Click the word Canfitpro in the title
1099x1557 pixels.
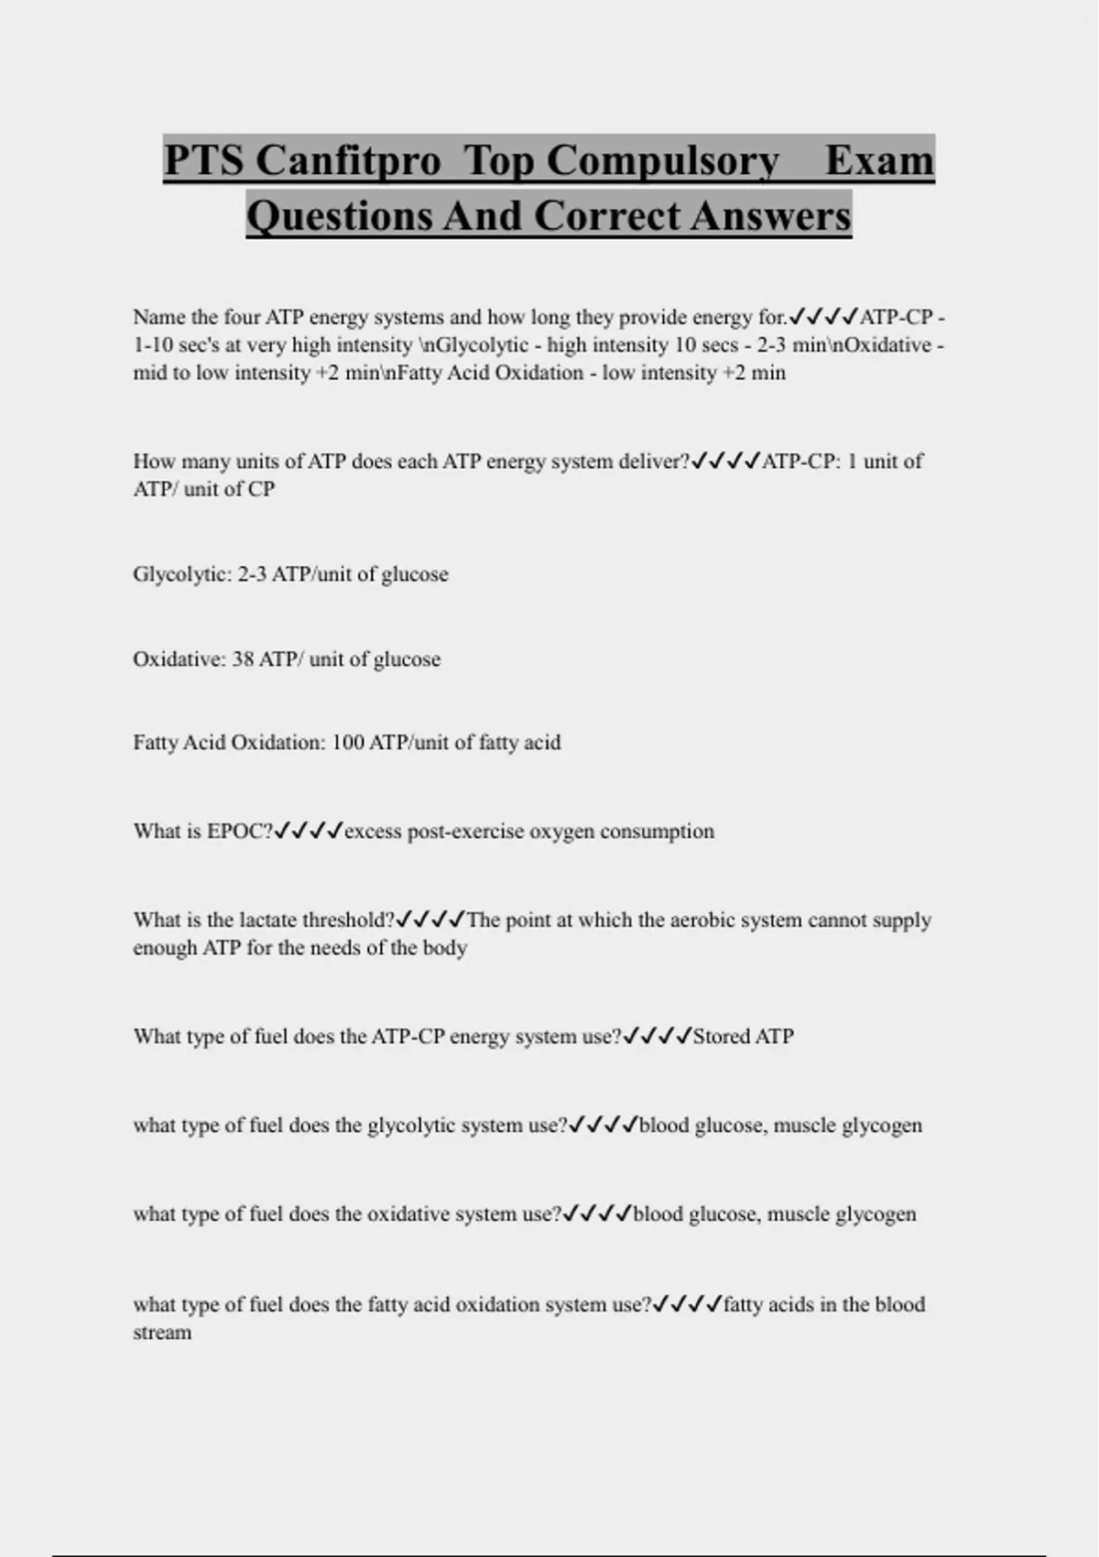click(348, 160)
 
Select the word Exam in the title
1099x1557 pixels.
click(879, 160)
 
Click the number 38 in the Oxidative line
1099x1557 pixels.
click(243, 659)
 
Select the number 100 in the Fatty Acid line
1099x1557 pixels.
click(348, 743)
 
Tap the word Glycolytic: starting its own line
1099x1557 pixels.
click(182, 574)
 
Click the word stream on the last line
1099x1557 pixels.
click(162, 1333)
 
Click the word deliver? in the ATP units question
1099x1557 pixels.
click(654, 462)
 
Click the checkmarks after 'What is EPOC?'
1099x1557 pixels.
click(309, 832)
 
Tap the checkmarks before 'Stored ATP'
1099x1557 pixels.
click(658, 1037)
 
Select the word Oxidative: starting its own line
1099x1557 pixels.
click(179, 659)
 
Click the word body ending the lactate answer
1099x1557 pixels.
click(445, 948)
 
